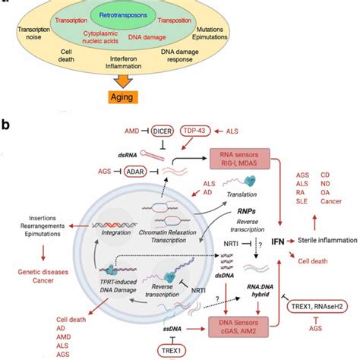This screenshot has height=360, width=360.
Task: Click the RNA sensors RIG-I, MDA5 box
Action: coord(247,156)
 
